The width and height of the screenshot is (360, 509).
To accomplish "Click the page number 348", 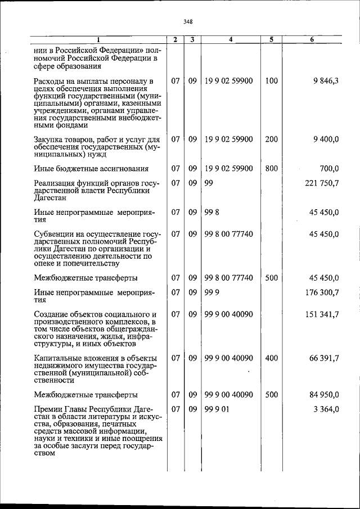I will click(x=188, y=22).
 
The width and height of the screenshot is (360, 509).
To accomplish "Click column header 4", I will click(x=231, y=40).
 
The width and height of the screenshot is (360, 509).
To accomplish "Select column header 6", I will click(x=312, y=40).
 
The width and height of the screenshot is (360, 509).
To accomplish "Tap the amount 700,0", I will click(x=329, y=168).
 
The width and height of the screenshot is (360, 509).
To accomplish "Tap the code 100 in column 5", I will click(x=271, y=81).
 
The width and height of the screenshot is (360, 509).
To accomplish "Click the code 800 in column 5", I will click(x=271, y=168).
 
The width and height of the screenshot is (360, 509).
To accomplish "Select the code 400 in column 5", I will click(x=271, y=358).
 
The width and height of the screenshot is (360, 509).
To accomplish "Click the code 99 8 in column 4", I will click(x=211, y=212).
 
